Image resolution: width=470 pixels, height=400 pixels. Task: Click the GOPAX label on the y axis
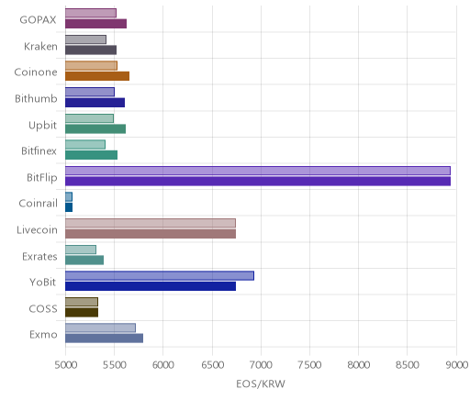point(38,20)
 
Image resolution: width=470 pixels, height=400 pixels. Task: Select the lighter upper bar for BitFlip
point(258,171)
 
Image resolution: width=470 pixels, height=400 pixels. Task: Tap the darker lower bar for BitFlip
point(258,181)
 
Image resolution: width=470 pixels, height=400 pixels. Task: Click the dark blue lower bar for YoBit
point(151,286)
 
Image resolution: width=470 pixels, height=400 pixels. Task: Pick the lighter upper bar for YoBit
point(160,275)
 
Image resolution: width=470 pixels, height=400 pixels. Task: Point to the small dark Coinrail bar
point(69,207)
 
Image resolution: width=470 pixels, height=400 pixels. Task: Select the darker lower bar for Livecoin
point(151,234)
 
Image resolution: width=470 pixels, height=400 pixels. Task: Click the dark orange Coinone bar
point(97,76)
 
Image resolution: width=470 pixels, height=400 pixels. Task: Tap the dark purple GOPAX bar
point(95,24)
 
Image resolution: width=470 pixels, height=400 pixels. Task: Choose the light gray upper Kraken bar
point(85,39)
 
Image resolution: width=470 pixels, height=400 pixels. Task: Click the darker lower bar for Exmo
point(104,339)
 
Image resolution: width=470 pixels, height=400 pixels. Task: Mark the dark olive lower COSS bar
point(82,312)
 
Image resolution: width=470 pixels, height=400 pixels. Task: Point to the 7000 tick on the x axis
point(261,364)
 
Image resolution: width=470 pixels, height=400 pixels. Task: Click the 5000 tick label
point(65,364)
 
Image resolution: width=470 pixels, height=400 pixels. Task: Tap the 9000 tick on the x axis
point(456,364)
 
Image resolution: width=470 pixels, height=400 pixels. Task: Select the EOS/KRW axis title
point(261,383)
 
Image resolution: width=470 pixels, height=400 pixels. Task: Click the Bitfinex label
point(39,151)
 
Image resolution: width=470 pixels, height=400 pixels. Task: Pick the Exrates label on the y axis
point(39,256)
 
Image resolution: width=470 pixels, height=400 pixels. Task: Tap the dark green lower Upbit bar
point(95,128)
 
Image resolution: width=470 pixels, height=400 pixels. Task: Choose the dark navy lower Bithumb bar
point(95,103)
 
